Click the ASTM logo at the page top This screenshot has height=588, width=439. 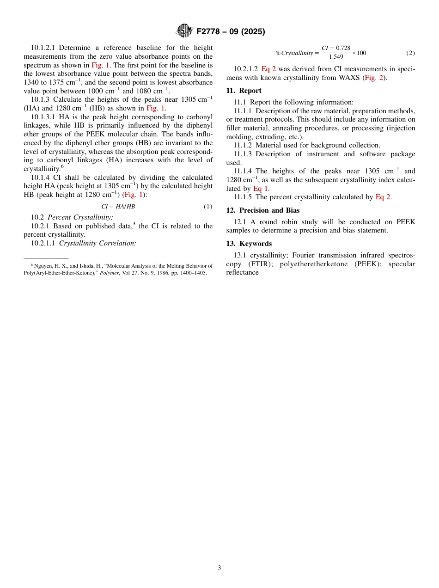click(184, 31)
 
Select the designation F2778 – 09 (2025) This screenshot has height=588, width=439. click(231, 31)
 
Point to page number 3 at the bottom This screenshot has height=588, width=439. click(219, 568)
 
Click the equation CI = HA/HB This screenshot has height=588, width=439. click(118, 207)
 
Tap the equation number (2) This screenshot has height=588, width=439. click(410, 53)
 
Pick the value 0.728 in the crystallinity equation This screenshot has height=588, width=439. click(343, 48)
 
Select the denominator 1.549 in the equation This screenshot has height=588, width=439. click(336, 57)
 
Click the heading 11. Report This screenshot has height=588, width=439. click(244, 91)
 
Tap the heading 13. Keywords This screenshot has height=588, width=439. click(249, 244)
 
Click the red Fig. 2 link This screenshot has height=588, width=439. click(374, 78)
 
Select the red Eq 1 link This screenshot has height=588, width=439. click(260, 189)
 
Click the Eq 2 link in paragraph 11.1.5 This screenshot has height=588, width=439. click(383, 197)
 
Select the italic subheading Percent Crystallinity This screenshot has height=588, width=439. click(80, 217)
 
